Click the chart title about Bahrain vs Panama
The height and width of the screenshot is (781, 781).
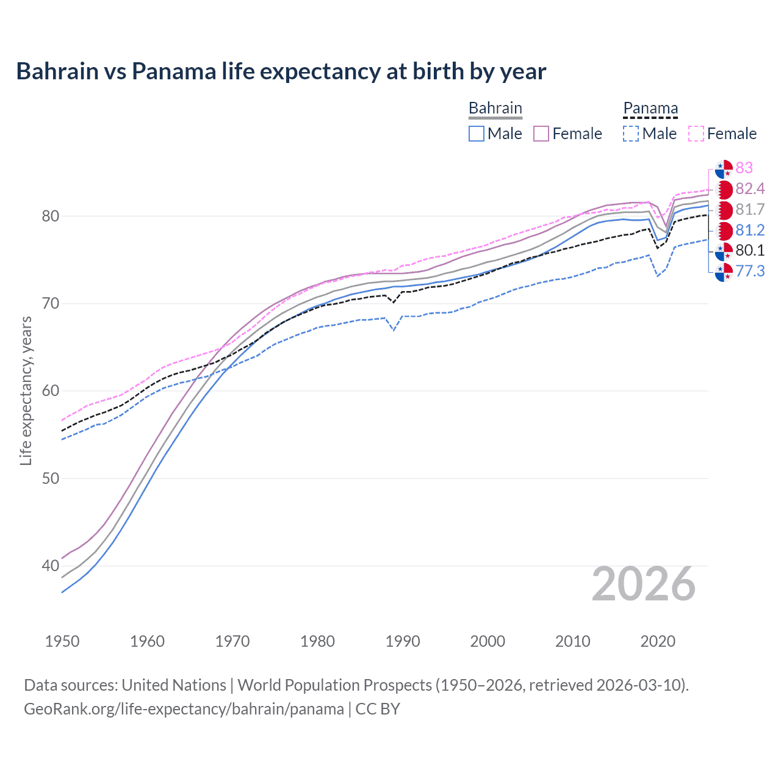click(281, 71)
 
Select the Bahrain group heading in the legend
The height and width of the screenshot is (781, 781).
click(495, 108)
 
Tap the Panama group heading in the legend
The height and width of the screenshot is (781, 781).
click(650, 108)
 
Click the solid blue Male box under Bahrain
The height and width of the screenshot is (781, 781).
click(477, 134)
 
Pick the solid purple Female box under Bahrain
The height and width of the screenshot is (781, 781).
click(541, 134)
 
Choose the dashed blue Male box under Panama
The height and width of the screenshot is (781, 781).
click(631, 134)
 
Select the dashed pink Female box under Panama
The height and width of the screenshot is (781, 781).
click(696, 134)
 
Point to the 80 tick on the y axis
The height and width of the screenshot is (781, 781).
click(51, 216)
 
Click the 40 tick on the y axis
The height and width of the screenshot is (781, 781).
click(51, 566)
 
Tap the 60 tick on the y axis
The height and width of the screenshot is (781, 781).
click(51, 391)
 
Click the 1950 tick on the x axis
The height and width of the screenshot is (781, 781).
click(62, 641)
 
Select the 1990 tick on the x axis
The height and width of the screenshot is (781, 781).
click(403, 641)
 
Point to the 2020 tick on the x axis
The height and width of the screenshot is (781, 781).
click(658, 641)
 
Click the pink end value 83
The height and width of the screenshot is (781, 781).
click(744, 168)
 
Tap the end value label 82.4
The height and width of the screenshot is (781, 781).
click(750, 189)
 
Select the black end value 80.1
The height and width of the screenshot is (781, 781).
click(750, 250)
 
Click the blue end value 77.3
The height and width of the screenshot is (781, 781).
click(750, 271)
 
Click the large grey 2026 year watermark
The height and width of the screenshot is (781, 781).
click(644, 584)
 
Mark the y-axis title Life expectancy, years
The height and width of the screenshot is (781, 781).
click(26, 390)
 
